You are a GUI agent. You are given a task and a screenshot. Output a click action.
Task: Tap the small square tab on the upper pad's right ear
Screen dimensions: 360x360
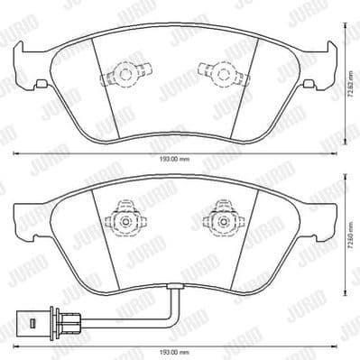click(x=309, y=84)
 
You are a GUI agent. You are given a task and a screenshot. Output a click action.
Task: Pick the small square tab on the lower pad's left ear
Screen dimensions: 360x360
click(x=40, y=235)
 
